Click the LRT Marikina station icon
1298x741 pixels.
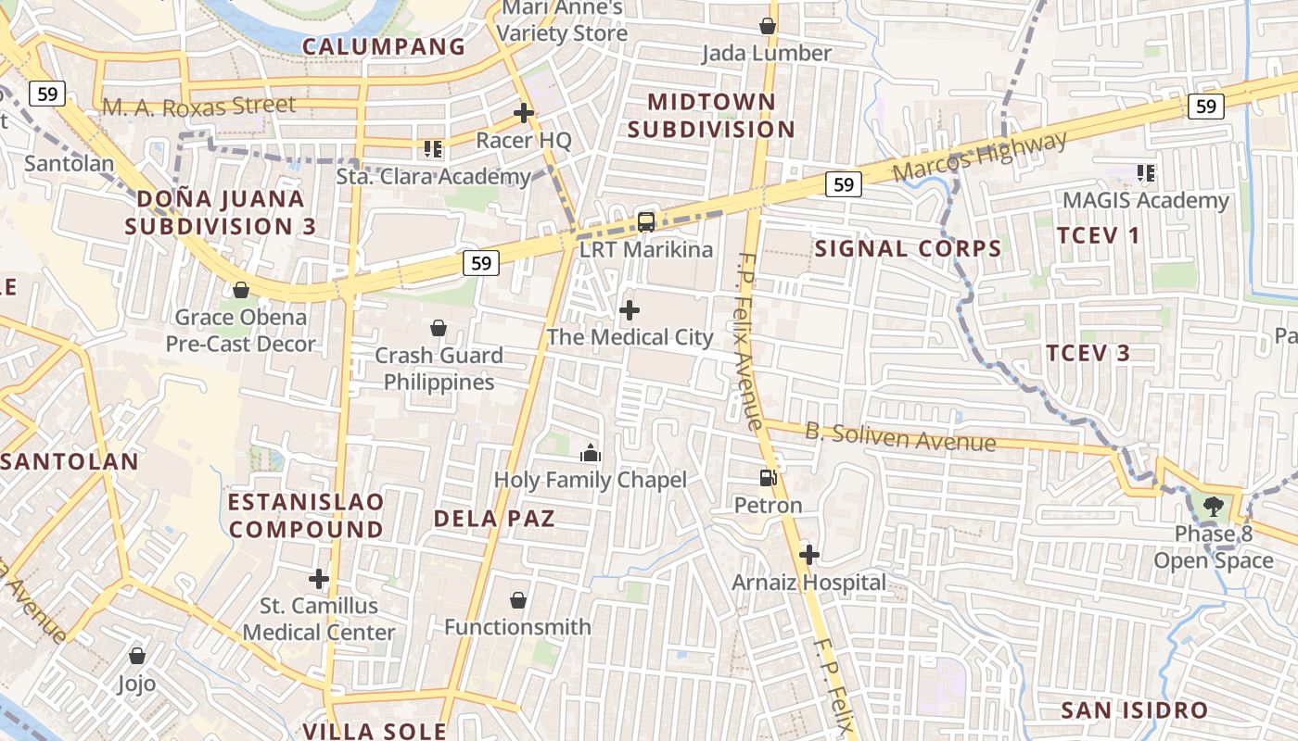pos(646,222)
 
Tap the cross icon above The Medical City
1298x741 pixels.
pos(630,309)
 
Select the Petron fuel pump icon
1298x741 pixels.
pos(768,478)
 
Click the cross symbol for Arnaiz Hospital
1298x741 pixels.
pos(809,555)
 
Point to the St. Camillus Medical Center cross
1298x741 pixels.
pos(319,579)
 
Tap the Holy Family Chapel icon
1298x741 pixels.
pos(591,453)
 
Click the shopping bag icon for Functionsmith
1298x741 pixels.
pos(518,600)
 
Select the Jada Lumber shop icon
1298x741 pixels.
pos(768,26)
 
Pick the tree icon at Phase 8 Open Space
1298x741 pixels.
pos(1213,507)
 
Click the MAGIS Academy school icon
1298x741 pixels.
pos(1146,172)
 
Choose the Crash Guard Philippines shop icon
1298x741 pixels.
pos(439,328)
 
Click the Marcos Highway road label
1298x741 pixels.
pos(979,156)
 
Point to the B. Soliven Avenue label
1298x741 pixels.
pos(900,436)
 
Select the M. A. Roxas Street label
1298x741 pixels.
pos(199,107)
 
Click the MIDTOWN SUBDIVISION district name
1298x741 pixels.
pos(711,116)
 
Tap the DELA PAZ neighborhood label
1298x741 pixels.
pos(494,518)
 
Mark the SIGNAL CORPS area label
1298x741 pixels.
pos(908,248)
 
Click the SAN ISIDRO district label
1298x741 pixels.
pos(1134,710)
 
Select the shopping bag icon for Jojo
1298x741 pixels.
pos(137,657)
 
